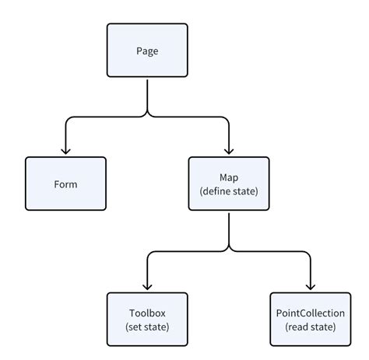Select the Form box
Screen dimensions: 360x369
tap(65, 184)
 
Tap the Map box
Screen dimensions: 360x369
tap(229, 184)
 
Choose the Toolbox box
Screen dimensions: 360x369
tap(147, 319)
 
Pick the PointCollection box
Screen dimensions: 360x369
tap(311, 319)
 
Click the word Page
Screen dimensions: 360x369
tap(148, 51)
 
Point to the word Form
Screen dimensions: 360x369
tap(65, 184)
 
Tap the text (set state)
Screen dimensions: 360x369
tap(147, 327)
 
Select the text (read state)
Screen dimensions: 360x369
tap(311, 327)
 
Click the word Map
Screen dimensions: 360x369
tap(229, 177)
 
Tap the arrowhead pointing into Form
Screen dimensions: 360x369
tap(65, 152)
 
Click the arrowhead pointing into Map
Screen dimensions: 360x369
tap(229, 152)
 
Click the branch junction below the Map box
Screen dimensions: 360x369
tap(229, 250)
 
